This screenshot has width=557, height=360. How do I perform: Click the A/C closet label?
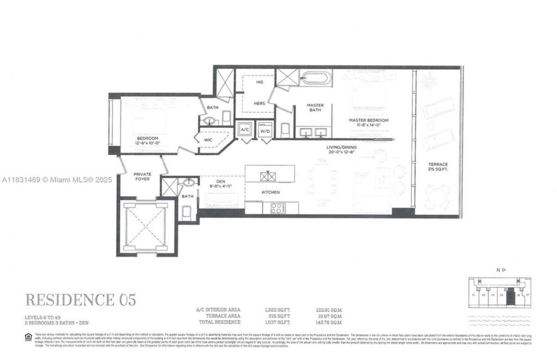244,129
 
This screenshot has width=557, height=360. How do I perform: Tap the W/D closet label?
265,130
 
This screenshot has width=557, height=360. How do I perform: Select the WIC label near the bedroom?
208,140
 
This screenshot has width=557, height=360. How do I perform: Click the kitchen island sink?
268,176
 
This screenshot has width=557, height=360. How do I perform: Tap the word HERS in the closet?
261,104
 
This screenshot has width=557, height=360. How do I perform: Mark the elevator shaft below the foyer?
145,227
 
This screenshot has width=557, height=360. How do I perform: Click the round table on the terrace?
437,196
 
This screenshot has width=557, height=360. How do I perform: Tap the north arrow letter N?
497,270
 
